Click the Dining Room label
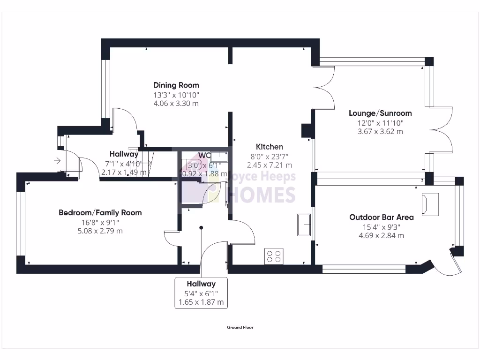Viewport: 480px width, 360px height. pos(176,85)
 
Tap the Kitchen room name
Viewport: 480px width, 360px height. pos(269,147)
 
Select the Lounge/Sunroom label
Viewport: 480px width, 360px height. pos(380,113)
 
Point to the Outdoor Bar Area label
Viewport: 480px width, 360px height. pos(381,217)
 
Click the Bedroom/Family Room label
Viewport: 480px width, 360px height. pos(100,212)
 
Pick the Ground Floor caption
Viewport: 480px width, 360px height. pos(240,328)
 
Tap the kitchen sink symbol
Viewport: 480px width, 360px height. pos(303,225)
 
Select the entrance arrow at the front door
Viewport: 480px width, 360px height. pos(58,161)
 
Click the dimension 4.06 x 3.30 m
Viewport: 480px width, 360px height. pos(176,104)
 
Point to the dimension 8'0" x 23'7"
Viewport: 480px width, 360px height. pos(269,156)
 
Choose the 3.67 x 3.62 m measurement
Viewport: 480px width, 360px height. pos(380,132)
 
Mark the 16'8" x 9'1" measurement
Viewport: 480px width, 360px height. pos(100,222)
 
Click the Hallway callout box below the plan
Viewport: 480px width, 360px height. pos(201,293)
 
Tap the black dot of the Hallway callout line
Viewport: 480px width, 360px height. pos(201,228)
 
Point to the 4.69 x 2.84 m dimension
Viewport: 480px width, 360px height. pos(381,236)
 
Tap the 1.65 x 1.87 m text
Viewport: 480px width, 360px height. pos(201,302)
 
